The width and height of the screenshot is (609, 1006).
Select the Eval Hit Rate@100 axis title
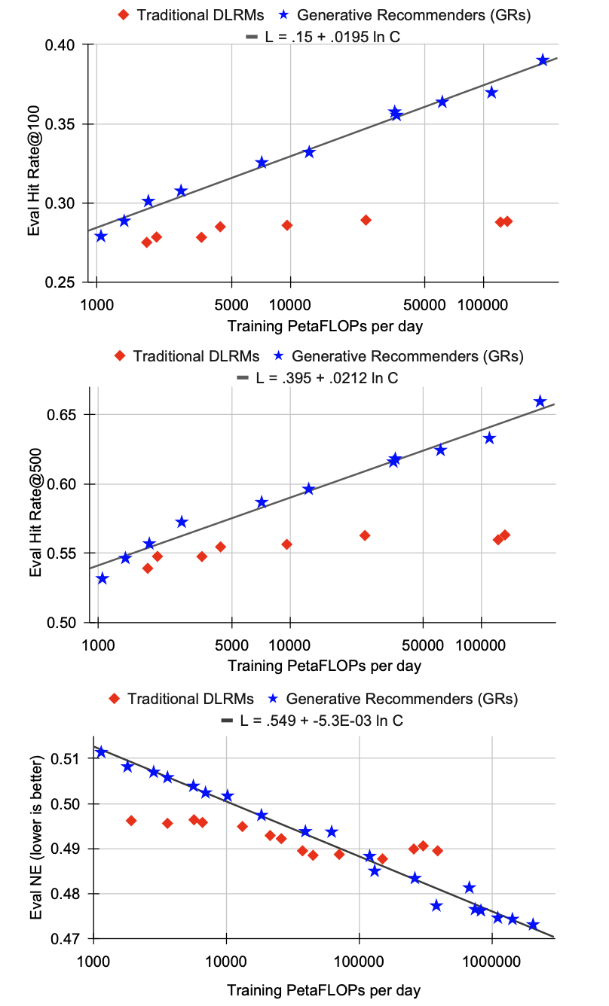[35, 163]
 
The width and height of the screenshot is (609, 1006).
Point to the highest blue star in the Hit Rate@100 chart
[543, 60]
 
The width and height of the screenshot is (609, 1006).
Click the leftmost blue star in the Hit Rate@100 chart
[101, 236]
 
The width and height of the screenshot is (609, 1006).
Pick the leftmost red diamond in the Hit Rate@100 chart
[147, 242]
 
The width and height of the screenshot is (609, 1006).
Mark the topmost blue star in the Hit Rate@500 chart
[540, 402]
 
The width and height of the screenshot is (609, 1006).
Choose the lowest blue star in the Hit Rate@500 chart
[103, 579]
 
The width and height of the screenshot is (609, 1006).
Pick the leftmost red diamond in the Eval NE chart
[131, 821]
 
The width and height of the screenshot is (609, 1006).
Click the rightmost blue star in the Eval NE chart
[533, 925]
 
